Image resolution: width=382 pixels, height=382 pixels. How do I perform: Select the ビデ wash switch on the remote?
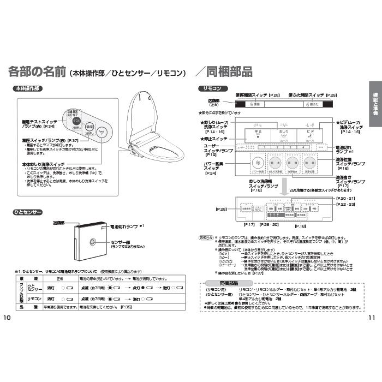click(x=309, y=134)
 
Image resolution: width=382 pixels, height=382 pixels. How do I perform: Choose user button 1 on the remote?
click(x=261, y=147)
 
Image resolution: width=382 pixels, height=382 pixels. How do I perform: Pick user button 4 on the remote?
click(x=301, y=147)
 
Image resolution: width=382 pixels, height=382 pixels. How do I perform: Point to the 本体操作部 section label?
click(x=28, y=88)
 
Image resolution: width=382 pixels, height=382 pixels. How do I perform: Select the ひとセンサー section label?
click(x=27, y=211)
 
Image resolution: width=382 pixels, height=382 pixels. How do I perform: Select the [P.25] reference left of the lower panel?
click(x=221, y=209)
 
